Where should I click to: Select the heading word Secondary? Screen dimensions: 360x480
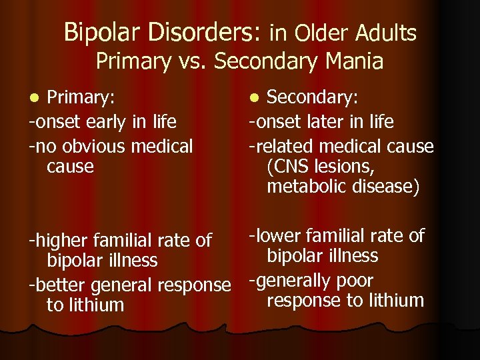pyautogui.click(x=313, y=98)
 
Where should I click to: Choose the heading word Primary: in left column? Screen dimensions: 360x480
pyautogui.click(x=81, y=98)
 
